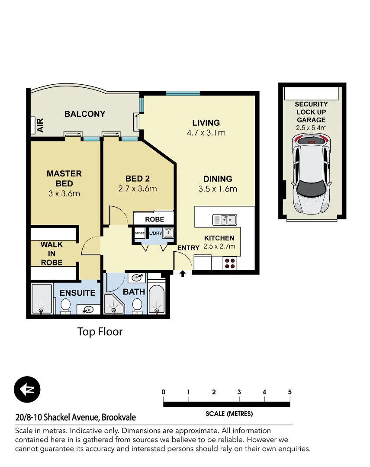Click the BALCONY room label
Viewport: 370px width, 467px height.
(85, 114)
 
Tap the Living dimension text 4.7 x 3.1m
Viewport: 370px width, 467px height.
(206, 133)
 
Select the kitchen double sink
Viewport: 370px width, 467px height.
(225, 220)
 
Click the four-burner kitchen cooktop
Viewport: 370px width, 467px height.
(230, 263)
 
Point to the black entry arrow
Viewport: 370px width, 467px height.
(183, 273)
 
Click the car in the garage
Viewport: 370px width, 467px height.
(311, 174)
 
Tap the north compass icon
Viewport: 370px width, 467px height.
(27, 389)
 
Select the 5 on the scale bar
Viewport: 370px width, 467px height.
(290, 392)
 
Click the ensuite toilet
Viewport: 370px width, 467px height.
(66, 306)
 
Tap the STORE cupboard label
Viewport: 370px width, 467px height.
(140, 233)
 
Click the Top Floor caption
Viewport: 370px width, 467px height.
(100, 332)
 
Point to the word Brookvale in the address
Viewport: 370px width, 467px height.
(119, 418)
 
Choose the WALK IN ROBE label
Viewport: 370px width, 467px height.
(52, 253)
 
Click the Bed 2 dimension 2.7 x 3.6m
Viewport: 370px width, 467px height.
(137, 189)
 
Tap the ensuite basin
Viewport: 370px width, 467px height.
(89, 309)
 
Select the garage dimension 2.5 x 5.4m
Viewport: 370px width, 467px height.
(311, 128)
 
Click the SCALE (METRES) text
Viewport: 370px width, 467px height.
(229, 414)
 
